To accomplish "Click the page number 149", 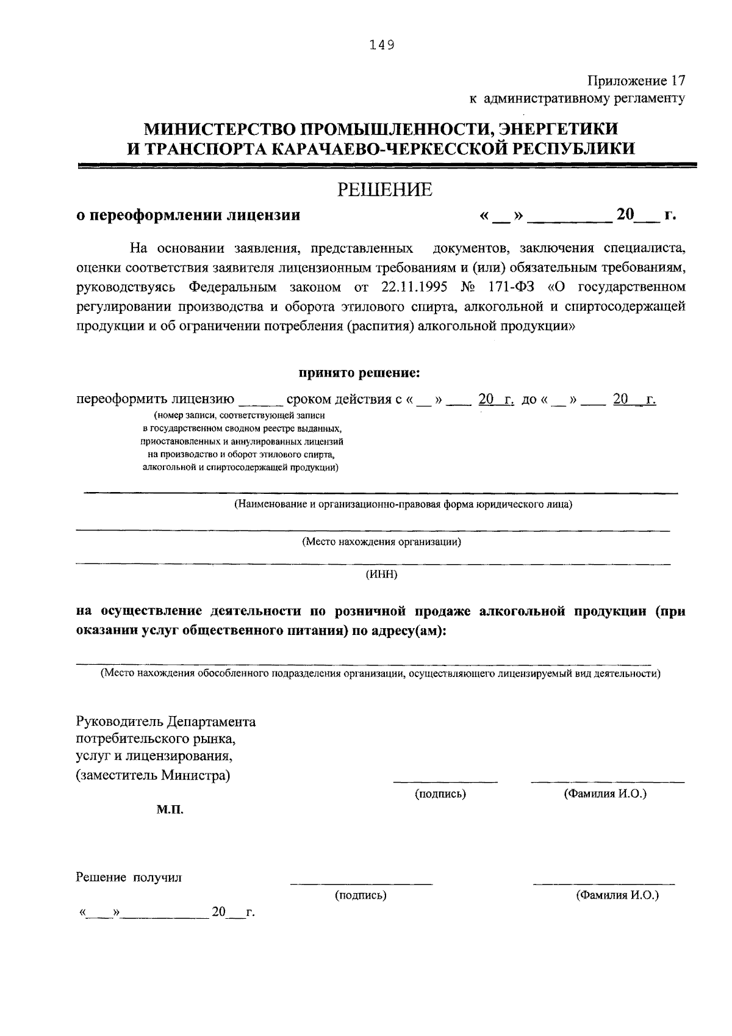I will (x=382, y=45).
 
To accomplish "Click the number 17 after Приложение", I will (x=678, y=81).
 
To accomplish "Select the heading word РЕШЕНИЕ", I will (x=386, y=190).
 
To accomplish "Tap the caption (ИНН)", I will (x=381, y=574).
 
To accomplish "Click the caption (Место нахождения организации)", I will (x=381, y=542).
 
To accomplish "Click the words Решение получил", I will (x=129, y=878).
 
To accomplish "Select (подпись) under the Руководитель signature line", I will (x=440, y=794).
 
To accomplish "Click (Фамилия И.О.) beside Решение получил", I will (x=617, y=895).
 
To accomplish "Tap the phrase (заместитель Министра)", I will (x=153, y=776).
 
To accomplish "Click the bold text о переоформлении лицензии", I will (x=188, y=215).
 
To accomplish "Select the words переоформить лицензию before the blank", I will (x=155, y=399).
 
